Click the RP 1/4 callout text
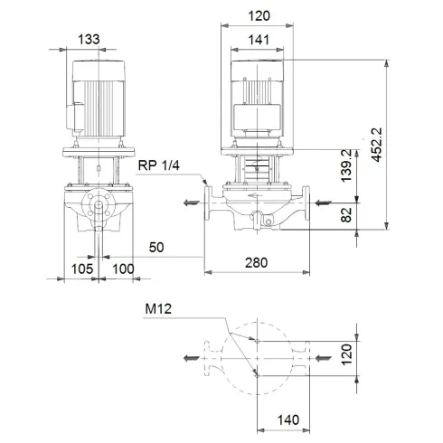(x=159, y=165)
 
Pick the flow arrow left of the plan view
(x=188, y=359)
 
